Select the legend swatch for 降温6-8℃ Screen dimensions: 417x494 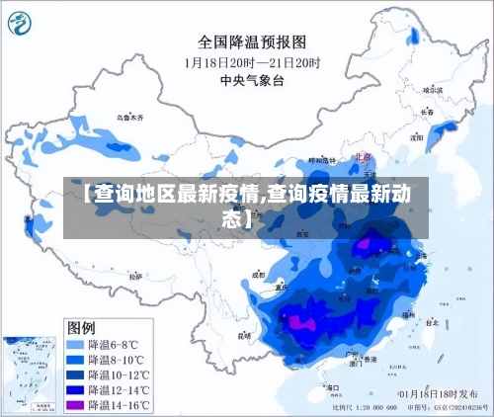[x=75, y=345]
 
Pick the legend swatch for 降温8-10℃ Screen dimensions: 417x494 [x=75, y=360]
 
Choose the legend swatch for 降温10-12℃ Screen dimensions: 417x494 [x=75, y=375]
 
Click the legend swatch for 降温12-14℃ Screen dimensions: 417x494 [x=75, y=390]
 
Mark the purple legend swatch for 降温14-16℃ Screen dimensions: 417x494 [x=75, y=405]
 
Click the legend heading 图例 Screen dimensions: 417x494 [x=81, y=327]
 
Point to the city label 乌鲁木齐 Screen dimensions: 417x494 [x=130, y=118]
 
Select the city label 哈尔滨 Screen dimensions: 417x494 [x=433, y=89]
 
